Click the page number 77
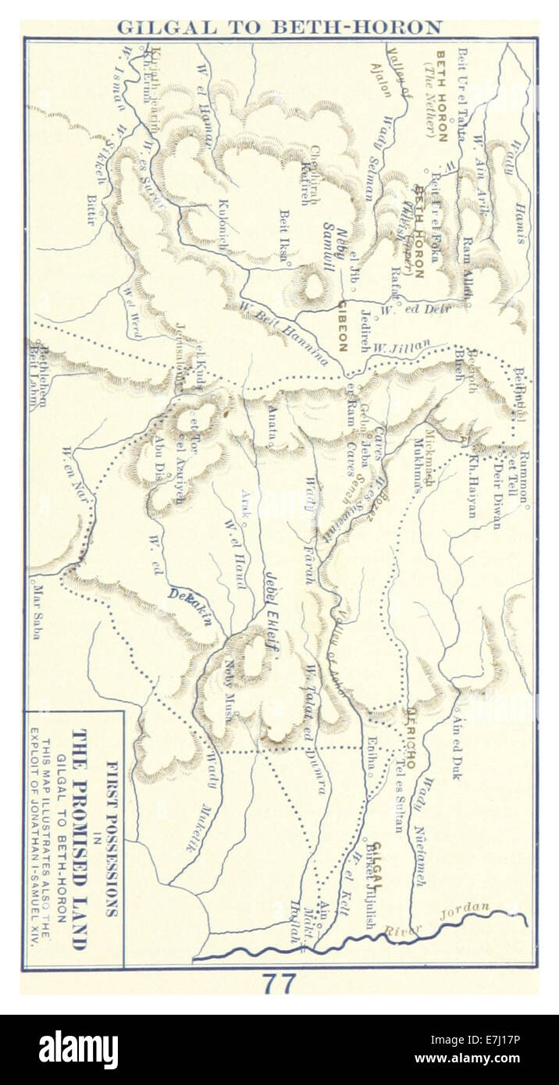279,984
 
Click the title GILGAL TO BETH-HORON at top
279,27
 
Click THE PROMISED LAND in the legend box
79,839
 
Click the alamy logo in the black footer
78,1050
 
